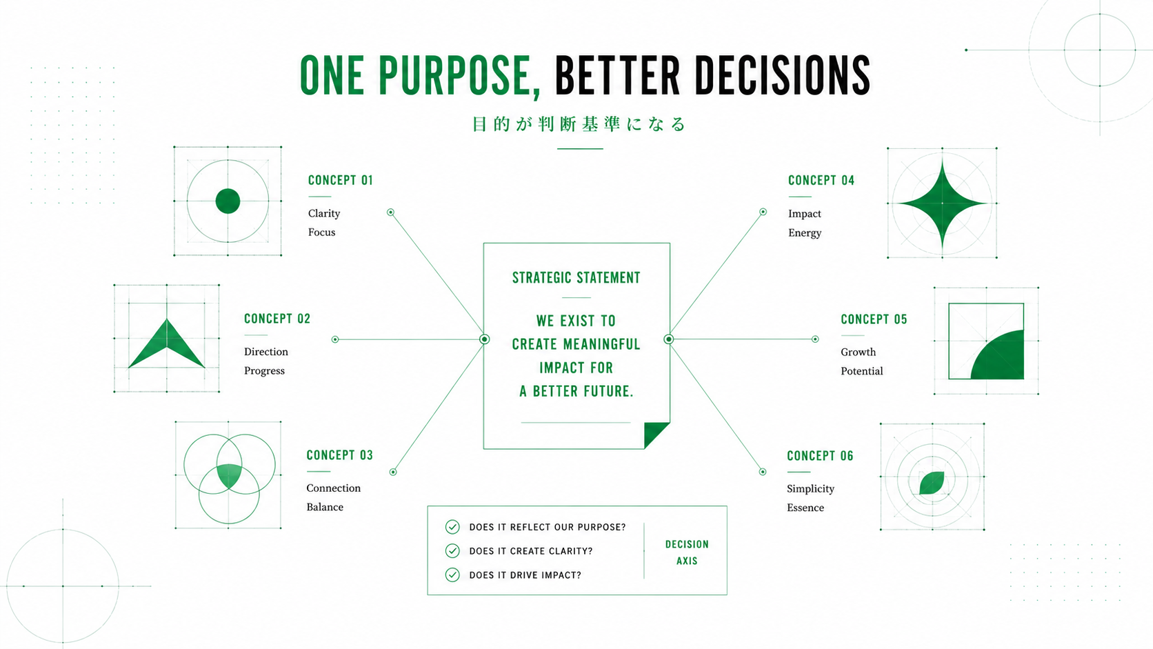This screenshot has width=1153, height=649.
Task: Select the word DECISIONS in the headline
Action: coord(783,76)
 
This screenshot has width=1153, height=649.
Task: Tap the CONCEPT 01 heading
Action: coord(340,180)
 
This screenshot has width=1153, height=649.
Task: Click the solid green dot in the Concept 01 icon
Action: coord(228,201)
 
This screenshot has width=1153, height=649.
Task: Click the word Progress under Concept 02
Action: coord(264,370)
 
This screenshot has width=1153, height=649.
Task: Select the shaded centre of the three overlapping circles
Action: coord(229,475)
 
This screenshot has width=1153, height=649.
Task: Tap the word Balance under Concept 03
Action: coord(325,507)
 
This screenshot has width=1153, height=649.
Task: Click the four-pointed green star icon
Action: coord(942,203)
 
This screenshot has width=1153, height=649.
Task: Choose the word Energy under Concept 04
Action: coord(805,232)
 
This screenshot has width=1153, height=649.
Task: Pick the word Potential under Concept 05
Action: coord(862,371)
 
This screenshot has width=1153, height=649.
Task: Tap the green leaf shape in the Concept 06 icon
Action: coord(932,483)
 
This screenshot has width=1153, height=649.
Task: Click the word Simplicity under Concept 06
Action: coord(810,489)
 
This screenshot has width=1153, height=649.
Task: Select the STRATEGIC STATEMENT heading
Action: coord(576,278)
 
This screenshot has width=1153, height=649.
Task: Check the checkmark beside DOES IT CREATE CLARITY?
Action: coord(452,550)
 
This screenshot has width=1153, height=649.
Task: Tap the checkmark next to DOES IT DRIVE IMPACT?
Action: coord(452,575)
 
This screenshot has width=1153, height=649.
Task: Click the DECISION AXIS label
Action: coord(687,552)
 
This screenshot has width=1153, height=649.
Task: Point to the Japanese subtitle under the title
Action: coord(579,124)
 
